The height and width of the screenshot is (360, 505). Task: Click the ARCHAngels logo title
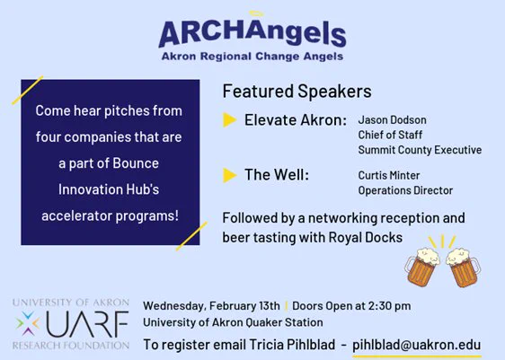(252, 34)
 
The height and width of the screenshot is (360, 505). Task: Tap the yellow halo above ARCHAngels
(256, 13)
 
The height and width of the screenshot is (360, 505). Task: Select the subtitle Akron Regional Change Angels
(252, 57)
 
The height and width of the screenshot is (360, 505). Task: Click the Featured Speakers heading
(297, 91)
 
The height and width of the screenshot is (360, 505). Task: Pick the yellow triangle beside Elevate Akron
(230, 120)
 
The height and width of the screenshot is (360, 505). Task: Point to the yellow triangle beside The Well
(230, 175)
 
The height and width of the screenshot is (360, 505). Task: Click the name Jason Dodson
(393, 120)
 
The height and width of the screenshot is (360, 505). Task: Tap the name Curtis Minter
(389, 175)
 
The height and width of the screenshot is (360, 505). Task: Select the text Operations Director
(405, 190)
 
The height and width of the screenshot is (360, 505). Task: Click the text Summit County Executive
(420, 150)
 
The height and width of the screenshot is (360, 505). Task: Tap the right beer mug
(463, 268)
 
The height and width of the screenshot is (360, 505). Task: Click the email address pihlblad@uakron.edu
(416, 345)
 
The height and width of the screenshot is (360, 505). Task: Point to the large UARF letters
(87, 324)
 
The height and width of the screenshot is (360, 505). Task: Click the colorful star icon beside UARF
(28, 324)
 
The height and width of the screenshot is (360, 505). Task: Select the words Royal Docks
(365, 238)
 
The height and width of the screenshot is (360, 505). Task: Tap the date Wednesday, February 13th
(211, 305)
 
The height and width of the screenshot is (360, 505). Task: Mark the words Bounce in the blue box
(136, 163)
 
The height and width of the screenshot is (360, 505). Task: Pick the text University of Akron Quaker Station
(233, 322)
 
